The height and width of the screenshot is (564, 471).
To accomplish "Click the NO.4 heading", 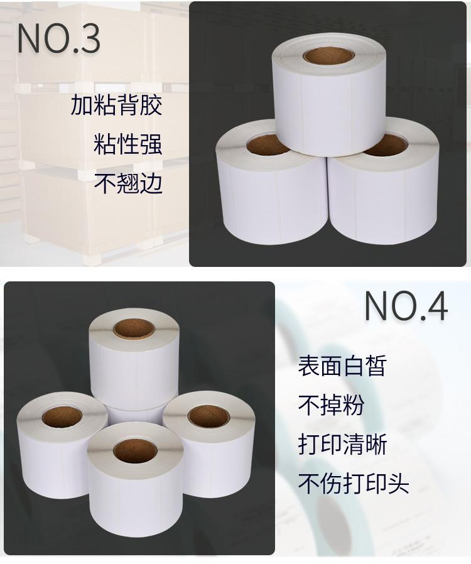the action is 406,306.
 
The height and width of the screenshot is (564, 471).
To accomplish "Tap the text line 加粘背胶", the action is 116,105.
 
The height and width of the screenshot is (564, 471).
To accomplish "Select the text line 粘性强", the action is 128,144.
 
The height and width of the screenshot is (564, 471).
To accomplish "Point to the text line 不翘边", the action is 128,183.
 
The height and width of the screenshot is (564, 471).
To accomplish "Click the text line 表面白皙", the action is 342,366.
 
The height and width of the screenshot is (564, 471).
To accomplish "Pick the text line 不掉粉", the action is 331,405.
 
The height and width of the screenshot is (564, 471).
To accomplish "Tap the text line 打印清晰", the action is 342,444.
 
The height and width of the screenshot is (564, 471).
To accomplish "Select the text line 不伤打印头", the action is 354,484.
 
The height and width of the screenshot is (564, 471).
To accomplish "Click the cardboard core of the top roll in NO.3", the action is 328,56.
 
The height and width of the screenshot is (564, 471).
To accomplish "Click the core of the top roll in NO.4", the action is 133,328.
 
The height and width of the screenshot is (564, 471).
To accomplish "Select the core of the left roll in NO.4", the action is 62,417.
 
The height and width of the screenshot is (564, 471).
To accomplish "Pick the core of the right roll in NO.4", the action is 208,416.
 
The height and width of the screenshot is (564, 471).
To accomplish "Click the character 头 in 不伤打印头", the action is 398,484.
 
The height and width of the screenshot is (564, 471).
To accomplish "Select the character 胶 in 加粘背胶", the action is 151,105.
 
